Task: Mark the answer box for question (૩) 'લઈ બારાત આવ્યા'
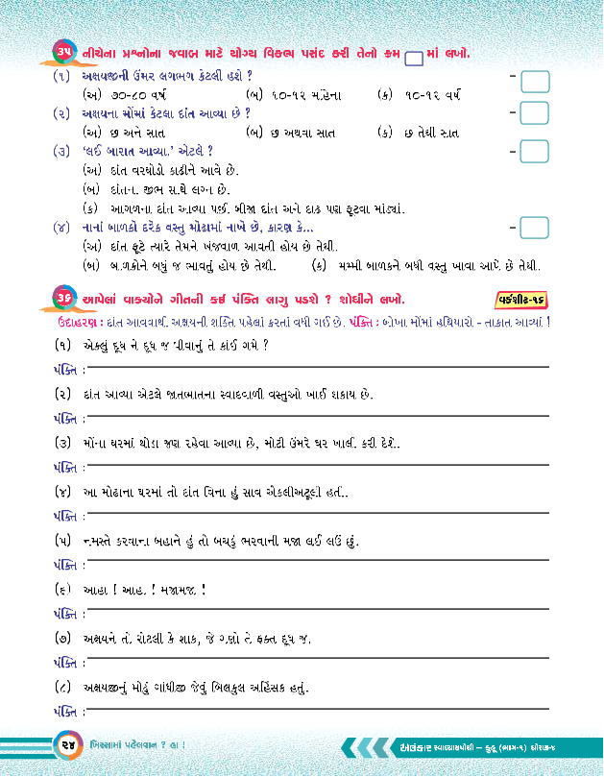534,152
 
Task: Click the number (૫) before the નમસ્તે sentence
64,542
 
